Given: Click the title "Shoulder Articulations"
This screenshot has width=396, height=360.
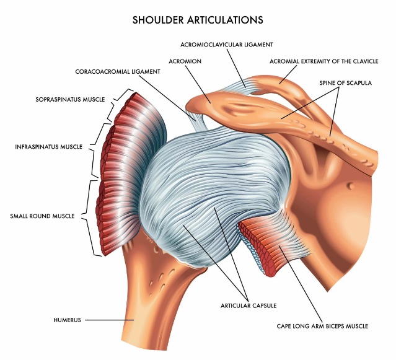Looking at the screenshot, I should click(198, 20).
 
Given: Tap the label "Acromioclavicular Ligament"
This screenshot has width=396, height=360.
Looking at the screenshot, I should click(226, 45).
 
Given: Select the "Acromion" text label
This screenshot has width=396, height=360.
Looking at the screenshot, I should click(184, 61).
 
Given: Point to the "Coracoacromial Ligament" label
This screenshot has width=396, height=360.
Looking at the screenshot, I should click(118, 71).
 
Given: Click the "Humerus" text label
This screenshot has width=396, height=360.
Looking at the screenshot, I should click(68, 320).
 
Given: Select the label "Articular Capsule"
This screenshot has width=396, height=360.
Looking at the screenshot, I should click(248, 305).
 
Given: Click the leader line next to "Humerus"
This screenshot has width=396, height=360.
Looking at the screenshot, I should click(102, 320).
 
